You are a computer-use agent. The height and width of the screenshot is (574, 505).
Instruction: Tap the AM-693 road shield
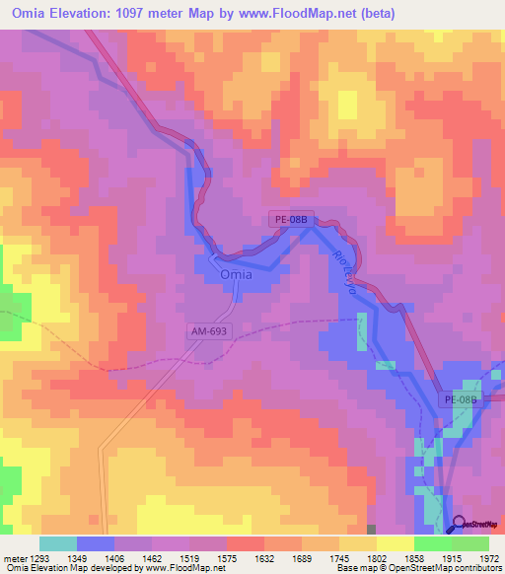(x=209, y=334)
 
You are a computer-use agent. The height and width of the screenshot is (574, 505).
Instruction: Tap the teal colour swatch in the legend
(x=57, y=543)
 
